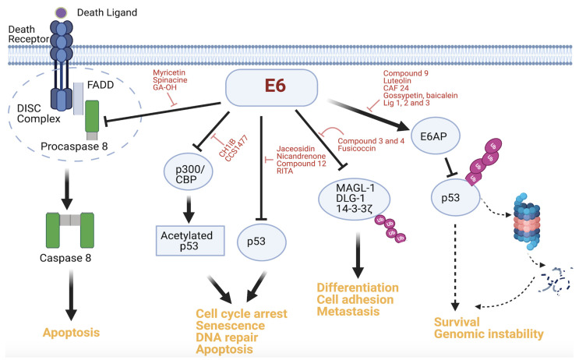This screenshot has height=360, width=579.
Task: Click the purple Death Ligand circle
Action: pyautogui.click(x=61, y=13)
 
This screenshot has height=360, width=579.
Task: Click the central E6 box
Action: pyautogui.click(x=271, y=87)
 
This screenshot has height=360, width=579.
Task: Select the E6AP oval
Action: pyautogui.click(x=436, y=136)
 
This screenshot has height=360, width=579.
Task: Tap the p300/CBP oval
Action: pyautogui.click(x=189, y=171)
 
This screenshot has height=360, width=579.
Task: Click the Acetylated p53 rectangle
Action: pyautogui.click(x=190, y=241)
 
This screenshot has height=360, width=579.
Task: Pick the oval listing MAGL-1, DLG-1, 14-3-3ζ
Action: pyautogui.click(x=354, y=199)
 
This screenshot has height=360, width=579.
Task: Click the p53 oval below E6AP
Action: pyautogui.click(x=455, y=198)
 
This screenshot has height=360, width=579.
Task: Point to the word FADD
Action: pyautogui.click(x=101, y=85)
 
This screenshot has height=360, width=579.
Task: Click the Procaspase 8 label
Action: pyautogui.click(x=74, y=146)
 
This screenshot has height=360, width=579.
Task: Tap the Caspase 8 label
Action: pyautogui.click(x=65, y=258)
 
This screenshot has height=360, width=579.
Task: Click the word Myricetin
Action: pyautogui.click(x=169, y=72)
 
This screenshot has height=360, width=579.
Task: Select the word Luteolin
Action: pyautogui.click(x=397, y=80)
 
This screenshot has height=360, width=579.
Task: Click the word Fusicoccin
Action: pyautogui.click(x=356, y=148)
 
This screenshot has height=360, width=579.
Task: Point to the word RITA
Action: pyautogui.click(x=284, y=171)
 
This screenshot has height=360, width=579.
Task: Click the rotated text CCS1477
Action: pyautogui.click(x=236, y=148)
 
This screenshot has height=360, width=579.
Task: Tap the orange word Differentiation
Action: pyautogui.click(x=358, y=288)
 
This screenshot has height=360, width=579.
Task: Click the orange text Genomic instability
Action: pyautogui.click(x=489, y=334)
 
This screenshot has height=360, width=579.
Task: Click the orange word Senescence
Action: pyautogui.click(x=230, y=326)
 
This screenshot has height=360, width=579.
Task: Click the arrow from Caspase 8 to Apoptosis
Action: pyautogui.click(x=71, y=295)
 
